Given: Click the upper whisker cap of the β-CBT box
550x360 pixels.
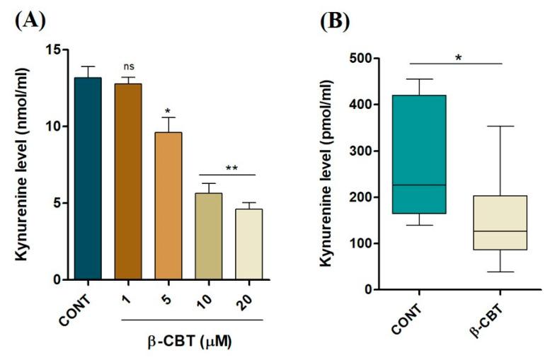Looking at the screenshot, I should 500,127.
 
